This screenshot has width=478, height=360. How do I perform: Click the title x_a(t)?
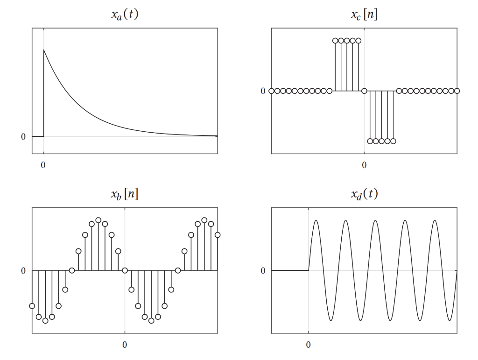(x=125, y=14)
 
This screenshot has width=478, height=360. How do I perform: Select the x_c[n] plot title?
(x=364, y=14)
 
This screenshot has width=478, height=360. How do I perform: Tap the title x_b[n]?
(x=125, y=194)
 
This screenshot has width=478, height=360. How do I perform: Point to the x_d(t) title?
(x=364, y=194)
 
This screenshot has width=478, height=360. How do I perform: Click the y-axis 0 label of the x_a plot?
(x=23, y=137)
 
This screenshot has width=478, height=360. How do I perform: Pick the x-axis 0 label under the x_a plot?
(x=43, y=165)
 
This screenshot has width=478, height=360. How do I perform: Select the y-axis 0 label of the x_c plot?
(x=263, y=91)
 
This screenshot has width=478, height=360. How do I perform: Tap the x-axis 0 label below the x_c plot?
(x=364, y=165)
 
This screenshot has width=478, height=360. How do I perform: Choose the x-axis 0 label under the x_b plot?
(x=125, y=345)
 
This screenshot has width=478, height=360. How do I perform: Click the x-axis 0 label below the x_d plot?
(x=308, y=345)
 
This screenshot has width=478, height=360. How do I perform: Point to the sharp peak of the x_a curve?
(x=44, y=49)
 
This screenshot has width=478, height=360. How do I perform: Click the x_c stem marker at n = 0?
(x=364, y=91)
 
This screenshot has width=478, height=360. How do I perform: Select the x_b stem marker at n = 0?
(x=125, y=270)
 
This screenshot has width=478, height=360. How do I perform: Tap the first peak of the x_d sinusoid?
(x=316, y=220)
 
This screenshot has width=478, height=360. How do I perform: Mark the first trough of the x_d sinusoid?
(x=330, y=321)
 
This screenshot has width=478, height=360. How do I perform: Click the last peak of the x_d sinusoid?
(x=435, y=220)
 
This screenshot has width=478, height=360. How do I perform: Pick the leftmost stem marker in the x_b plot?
(x=32, y=306)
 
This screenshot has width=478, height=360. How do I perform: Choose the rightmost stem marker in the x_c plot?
(x=457, y=91)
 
